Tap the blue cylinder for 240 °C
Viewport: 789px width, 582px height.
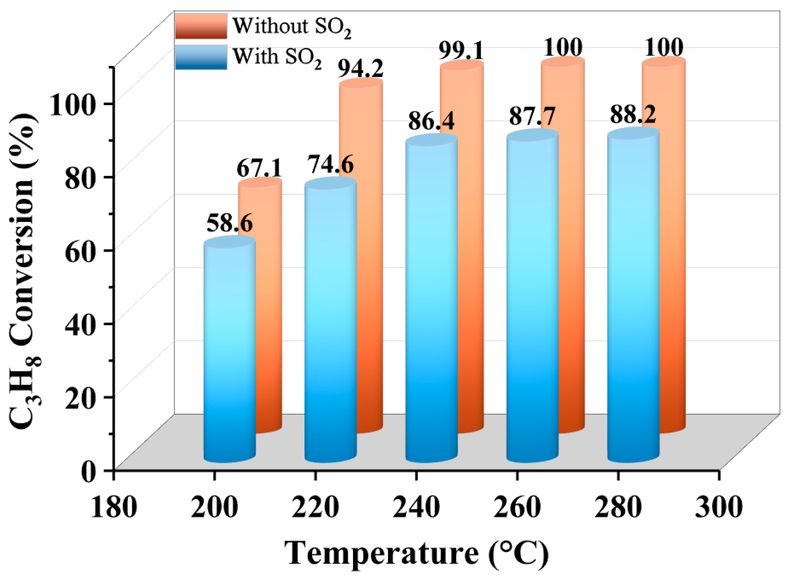click(431, 299)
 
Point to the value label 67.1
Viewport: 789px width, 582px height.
click(259, 168)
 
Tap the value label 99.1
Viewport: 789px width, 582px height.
click(462, 51)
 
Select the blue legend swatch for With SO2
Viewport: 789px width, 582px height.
click(201, 57)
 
